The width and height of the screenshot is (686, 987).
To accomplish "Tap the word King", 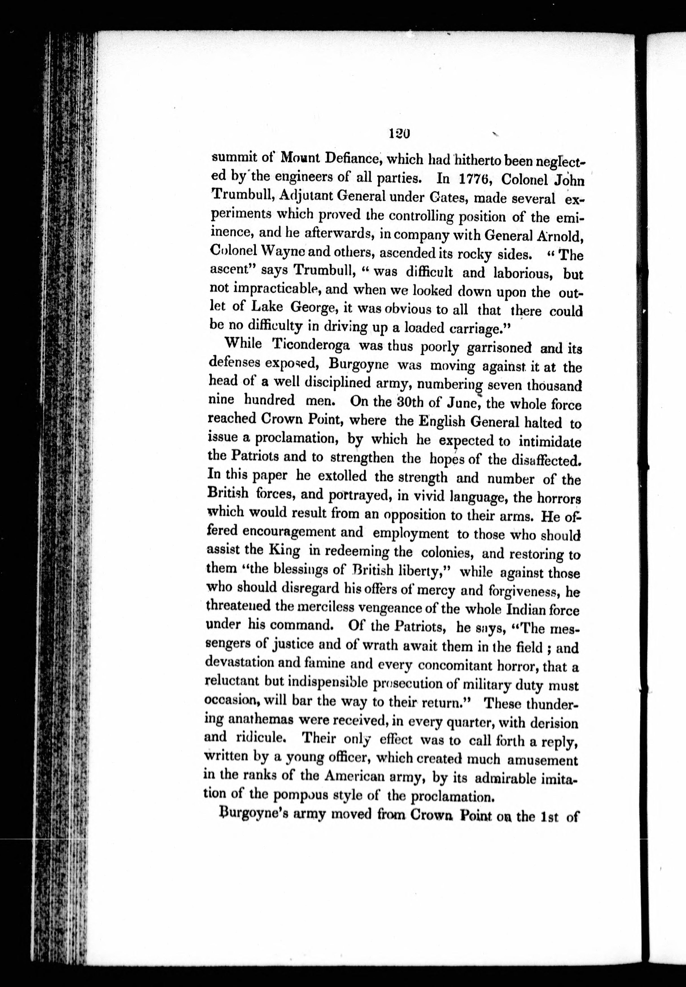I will [284, 550].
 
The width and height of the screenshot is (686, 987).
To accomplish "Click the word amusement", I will [542, 760].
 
